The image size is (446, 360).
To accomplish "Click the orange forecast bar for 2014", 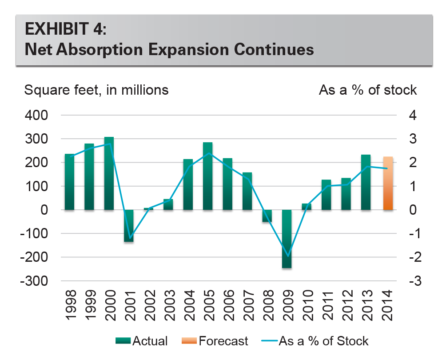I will tap(388, 183).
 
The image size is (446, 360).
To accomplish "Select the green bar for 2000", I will tap(109, 173).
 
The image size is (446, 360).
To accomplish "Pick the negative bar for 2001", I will tap(129, 226).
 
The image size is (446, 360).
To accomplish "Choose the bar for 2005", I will tap(208, 176).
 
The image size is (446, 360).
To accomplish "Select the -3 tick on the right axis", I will tap(412, 281).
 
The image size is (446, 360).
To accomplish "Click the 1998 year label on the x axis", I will tap(69, 305).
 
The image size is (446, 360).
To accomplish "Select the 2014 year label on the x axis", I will tap(388, 305).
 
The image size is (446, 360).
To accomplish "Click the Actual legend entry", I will tap(142, 341).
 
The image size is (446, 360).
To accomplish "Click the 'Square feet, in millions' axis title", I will tap(96, 90).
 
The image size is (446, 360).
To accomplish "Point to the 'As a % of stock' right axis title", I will tap(368, 90).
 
